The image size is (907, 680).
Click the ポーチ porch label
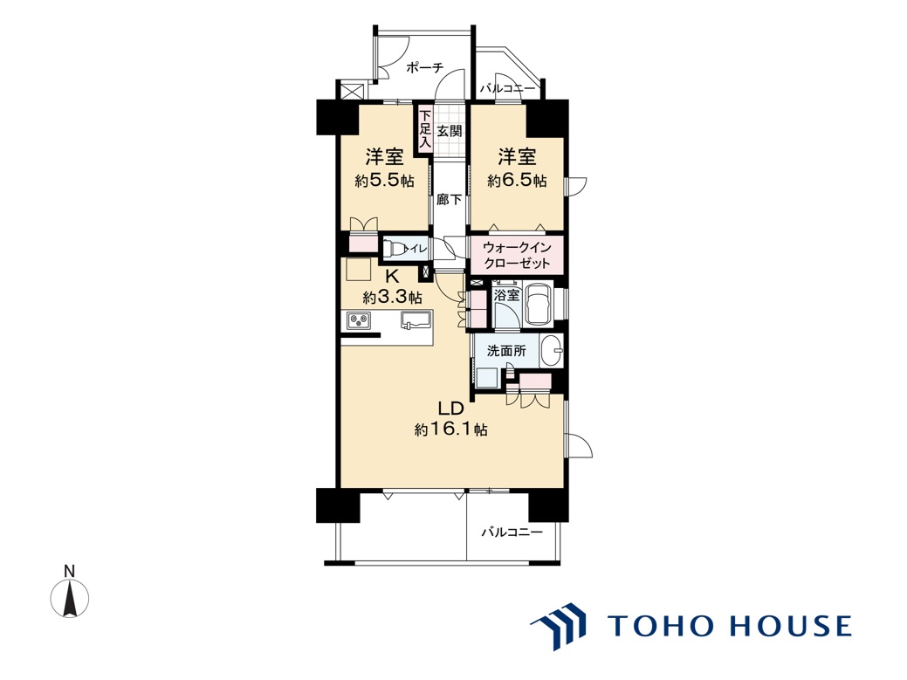(424, 68)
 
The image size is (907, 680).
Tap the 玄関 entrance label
(450, 131)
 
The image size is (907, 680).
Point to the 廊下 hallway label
(450, 200)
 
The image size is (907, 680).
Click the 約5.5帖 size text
(385, 181)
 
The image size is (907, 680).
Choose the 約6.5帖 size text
(517, 181)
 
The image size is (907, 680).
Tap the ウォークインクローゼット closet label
(517, 255)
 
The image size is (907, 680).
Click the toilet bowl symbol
(395, 248)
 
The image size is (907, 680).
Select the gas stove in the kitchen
(359, 320)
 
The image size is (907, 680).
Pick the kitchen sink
(416, 319)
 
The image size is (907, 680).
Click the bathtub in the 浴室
(539, 304)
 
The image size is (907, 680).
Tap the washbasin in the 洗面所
(551, 351)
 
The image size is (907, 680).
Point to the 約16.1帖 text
(451, 430)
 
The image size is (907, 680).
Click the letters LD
(451, 409)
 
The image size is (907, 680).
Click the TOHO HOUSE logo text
(730, 626)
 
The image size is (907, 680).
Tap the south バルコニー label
(512, 532)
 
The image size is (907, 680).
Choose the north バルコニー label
(506, 89)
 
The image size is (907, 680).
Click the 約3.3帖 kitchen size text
(392, 298)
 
